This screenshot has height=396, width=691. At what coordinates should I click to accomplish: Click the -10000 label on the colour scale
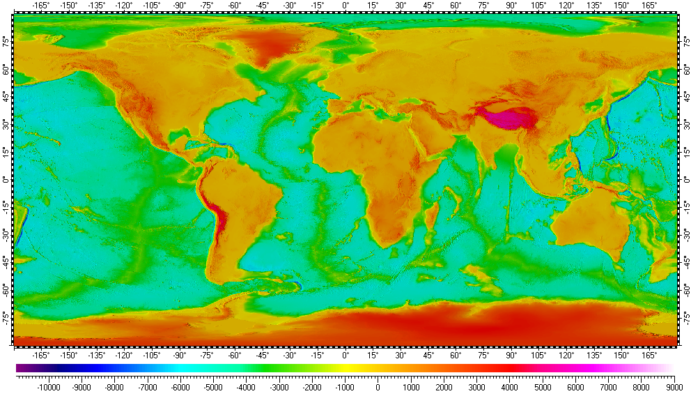[x=48, y=388]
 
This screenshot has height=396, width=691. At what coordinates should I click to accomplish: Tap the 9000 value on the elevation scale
[x=674, y=388]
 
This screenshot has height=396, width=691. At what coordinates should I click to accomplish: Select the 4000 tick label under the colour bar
[x=509, y=388]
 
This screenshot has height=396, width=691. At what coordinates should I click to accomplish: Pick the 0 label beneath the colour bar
[x=378, y=388]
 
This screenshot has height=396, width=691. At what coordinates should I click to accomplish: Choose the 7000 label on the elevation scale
[x=608, y=388]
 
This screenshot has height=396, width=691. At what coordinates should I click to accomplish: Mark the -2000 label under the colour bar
[x=311, y=388]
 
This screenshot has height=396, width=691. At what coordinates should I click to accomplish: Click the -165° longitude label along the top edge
[x=41, y=6]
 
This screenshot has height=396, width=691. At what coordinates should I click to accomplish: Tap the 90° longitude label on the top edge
[x=511, y=6]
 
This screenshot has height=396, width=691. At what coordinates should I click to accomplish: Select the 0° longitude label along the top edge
[x=345, y=6]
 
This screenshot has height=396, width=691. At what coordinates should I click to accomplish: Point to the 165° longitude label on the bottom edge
[x=649, y=355]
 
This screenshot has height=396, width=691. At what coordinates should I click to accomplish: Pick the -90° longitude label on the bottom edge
[x=180, y=355]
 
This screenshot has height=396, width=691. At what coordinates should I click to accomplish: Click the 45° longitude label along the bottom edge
[x=428, y=355]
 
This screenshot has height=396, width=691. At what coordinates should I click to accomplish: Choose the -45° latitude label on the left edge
[x=6, y=262]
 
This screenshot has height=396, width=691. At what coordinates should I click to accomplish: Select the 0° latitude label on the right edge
[x=686, y=180]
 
